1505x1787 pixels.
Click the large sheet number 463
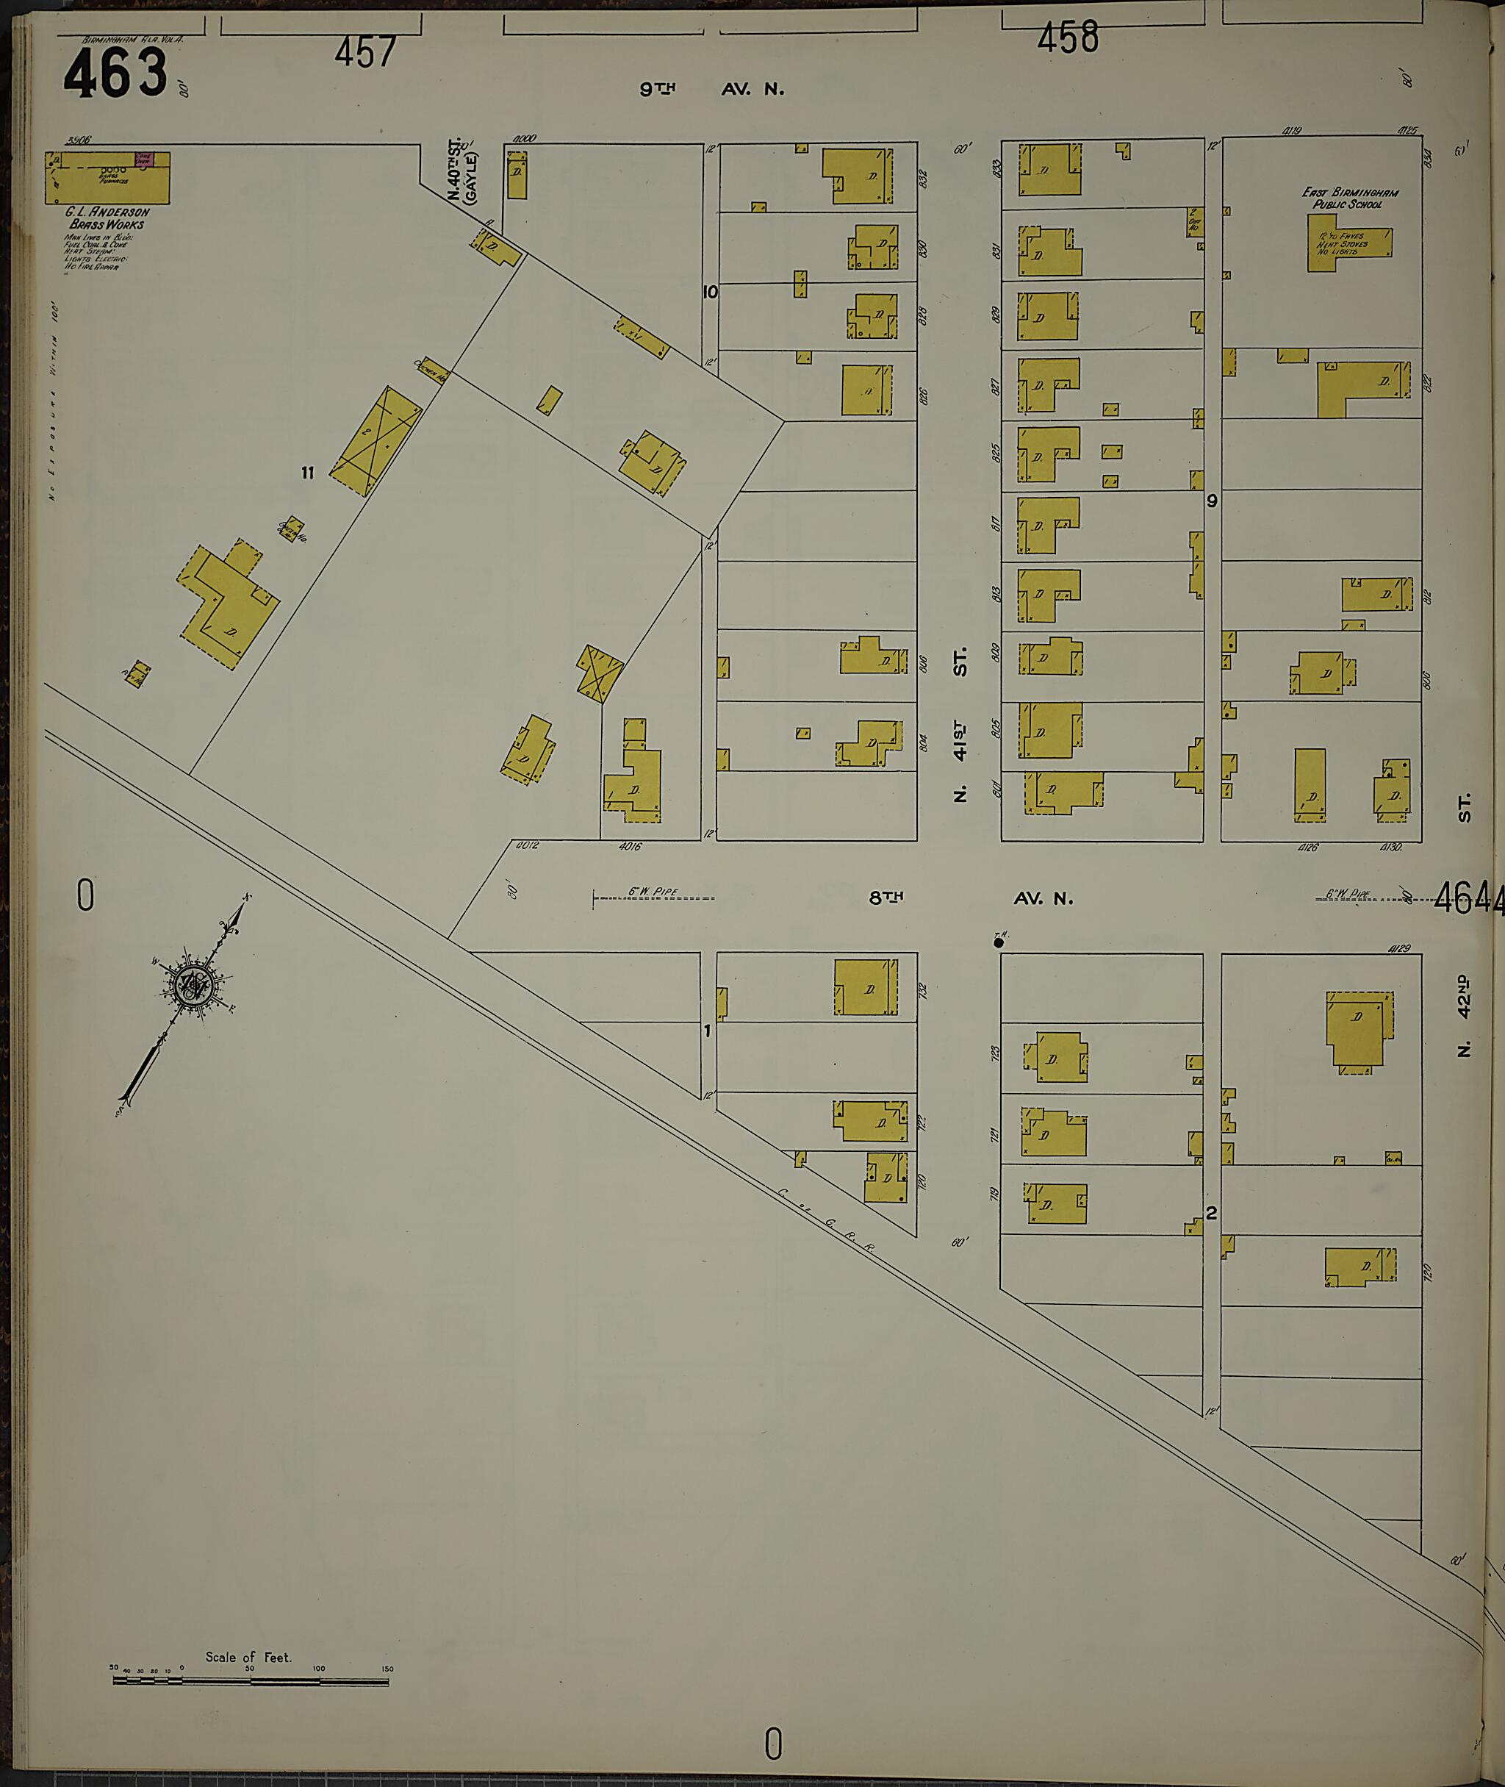pyautogui.click(x=115, y=74)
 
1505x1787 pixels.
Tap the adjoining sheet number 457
pyautogui.click(x=365, y=52)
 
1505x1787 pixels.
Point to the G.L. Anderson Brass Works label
pyautogui.click(x=107, y=218)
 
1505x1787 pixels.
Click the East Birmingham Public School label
pyautogui.click(x=1350, y=198)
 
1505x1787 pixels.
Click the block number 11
pyautogui.click(x=307, y=473)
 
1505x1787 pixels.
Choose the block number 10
pyautogui.click(x=710, y=292)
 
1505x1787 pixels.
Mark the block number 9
pyautogui.click(x=1212, y=501)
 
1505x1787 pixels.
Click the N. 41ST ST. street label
pyautogui.click(x=961, y=726)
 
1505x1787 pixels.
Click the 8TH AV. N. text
pyautogui.click(x=970, y=898)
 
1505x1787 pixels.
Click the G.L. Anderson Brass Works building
pyautogui.click(x=107, y=177)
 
